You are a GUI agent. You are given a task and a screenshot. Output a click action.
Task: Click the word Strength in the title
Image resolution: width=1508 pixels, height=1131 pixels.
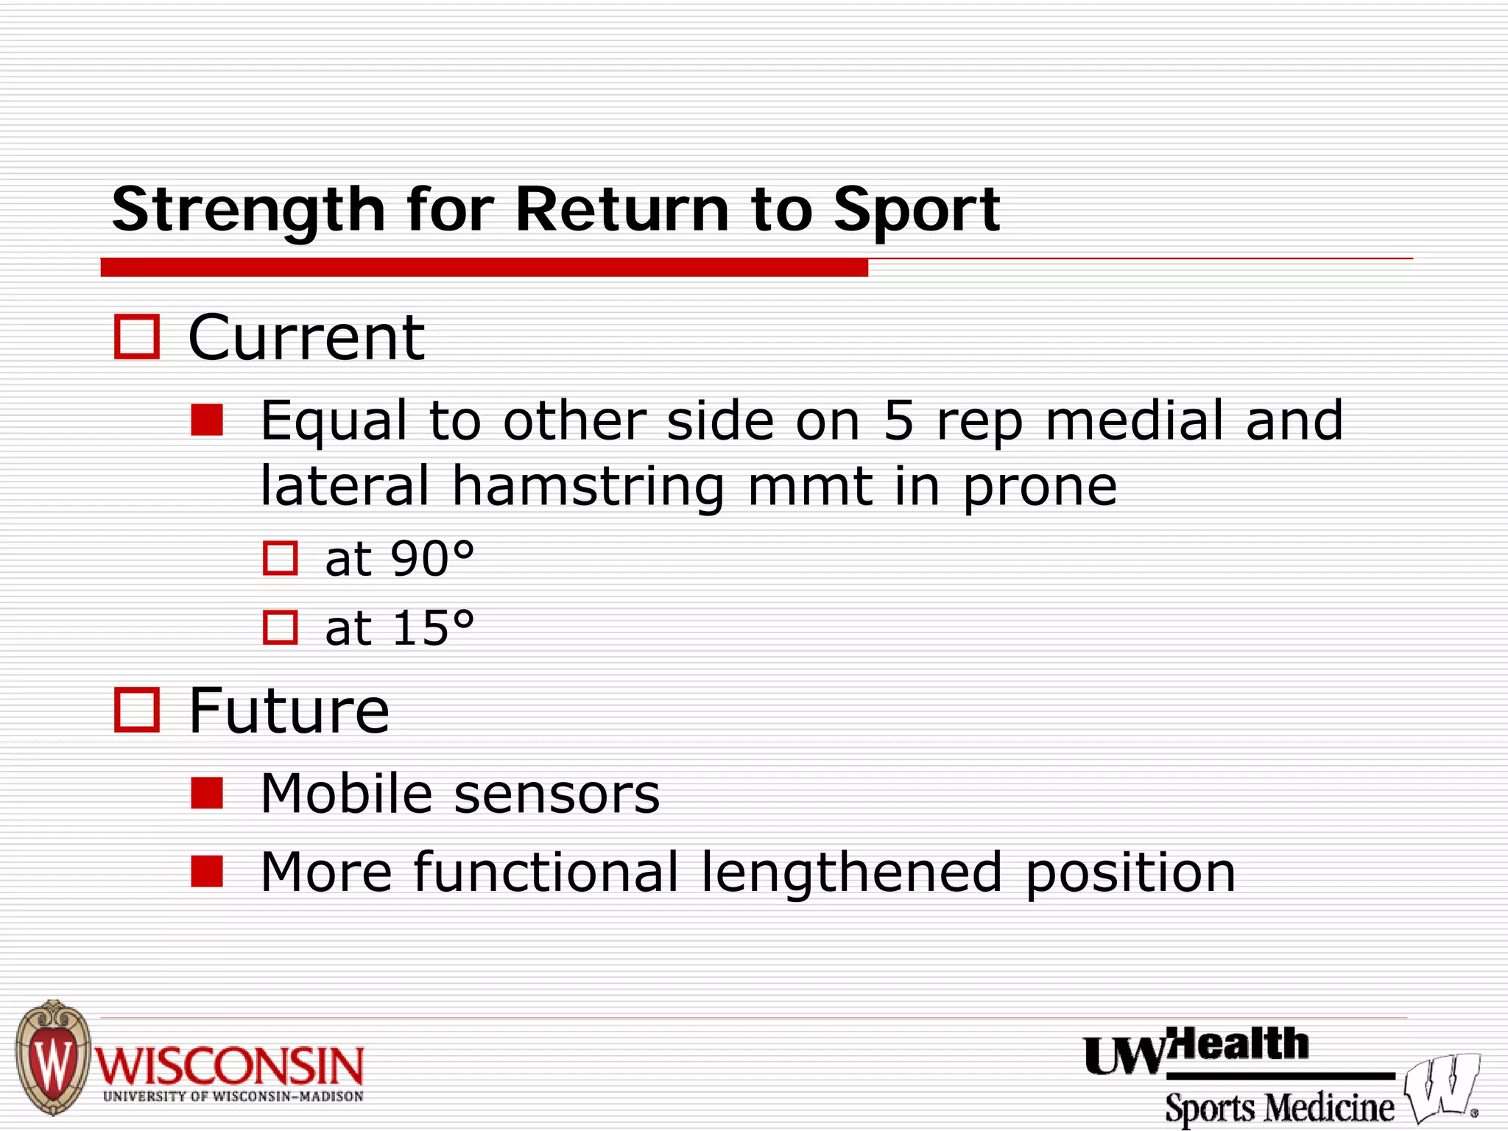tap(248, 211)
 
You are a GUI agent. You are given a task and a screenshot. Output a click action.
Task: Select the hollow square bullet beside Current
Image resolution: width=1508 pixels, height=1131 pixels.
tap(137, 337)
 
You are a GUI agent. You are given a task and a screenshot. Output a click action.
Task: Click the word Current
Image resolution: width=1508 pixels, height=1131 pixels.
tap(306, 337)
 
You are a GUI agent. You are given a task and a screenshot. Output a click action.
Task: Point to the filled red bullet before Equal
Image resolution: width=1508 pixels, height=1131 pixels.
tap(207, 420)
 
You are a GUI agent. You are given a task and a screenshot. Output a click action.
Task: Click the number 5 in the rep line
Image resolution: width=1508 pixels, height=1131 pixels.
tap(898, 420)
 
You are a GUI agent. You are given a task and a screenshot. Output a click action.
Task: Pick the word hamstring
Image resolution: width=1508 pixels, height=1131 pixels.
tap(588, 487)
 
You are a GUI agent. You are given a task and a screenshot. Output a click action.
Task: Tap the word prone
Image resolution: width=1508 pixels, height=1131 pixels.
tap(1040, 487)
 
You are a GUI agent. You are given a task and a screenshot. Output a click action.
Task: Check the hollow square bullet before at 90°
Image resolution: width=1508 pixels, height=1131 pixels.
tap(281, 558)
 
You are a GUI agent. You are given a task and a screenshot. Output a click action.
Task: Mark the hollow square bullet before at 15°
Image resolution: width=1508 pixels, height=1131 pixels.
tap(281, 628)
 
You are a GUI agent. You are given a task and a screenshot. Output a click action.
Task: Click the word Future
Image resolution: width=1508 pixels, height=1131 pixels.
tap(289, 711)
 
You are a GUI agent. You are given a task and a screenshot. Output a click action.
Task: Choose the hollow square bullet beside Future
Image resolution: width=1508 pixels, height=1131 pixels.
tap(137, 711)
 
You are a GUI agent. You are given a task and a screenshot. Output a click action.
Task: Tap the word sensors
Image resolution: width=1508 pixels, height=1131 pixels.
tap(557, 794)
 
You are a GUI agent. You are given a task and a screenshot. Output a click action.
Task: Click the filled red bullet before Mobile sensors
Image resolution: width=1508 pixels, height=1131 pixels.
tap(207, 794)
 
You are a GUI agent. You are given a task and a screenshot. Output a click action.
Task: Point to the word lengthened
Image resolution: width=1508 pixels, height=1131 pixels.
tap(851, 873)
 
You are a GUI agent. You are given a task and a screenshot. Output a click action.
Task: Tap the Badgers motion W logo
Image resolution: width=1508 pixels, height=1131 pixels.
tap(1440, 1088)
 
